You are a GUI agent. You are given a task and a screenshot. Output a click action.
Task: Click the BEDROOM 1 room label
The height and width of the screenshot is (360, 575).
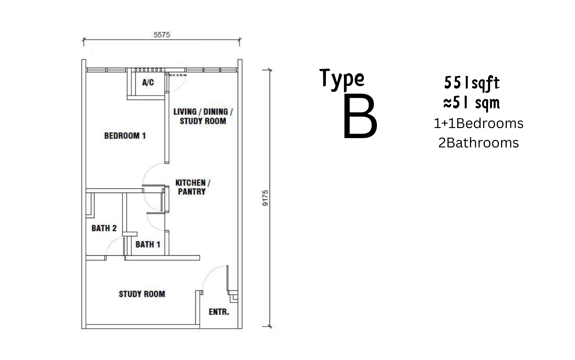tap(125, 136)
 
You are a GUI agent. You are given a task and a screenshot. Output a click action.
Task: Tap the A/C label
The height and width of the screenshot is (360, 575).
tap(148, 82)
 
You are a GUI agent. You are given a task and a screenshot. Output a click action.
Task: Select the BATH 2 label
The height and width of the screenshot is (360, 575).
tap(104, 228)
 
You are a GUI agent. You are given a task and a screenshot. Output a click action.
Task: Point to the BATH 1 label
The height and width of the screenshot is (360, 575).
tap(148, 244)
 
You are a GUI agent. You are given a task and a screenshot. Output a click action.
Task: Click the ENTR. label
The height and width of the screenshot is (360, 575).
tap(219, 312)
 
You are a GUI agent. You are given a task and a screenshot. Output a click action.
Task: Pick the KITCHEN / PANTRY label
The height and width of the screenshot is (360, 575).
tap(193, 187)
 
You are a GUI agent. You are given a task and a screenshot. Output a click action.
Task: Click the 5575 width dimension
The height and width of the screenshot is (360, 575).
tap(162, 35)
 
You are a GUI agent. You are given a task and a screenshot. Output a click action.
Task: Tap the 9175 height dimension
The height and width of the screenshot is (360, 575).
tap(265, 198)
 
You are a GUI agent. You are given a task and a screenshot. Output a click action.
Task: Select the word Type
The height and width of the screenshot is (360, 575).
tap(342, 79)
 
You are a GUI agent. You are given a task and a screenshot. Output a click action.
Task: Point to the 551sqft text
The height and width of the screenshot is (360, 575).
tap(472, 83)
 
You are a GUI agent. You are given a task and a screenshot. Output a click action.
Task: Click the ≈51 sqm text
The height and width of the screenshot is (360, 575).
tap(471, 103)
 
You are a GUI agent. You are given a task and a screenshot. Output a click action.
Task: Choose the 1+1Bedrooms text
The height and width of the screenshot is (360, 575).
tap(478, 123)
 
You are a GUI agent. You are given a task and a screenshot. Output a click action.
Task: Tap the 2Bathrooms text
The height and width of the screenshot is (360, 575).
tap(478, 143)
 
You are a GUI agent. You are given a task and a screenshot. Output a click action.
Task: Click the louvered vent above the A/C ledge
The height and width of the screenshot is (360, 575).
tap(148, 70)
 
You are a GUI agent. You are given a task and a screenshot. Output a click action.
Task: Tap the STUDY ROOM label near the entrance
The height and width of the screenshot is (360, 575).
tap(142, 294)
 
